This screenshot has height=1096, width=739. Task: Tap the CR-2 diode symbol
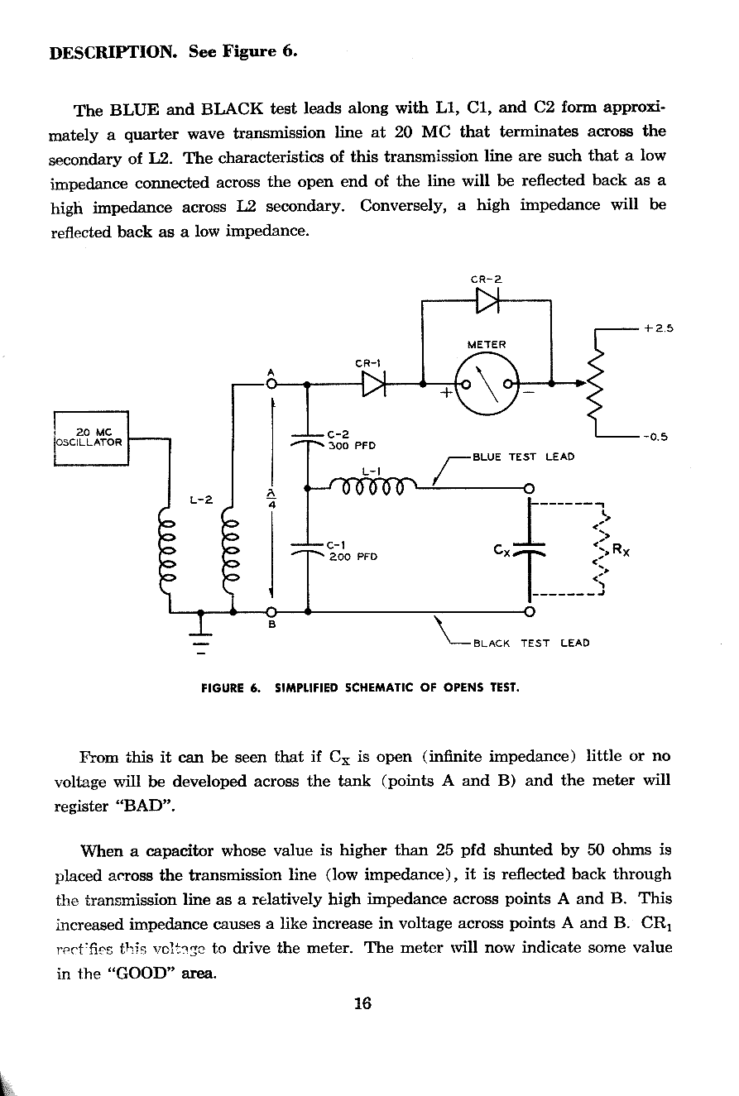pyautogui.click(x=488, y=303)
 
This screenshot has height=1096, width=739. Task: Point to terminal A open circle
pyautogui.click(x=271, y=384)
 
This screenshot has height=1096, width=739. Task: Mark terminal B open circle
pyautogui.click(x=271, y=612)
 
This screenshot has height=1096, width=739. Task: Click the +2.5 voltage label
pyautogui.click(x=660, y=328)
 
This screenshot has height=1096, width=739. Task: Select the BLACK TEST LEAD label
pyautogui.click(x=530, y=643)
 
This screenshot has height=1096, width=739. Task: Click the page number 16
pyautogui.click(x=362, y=1003)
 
